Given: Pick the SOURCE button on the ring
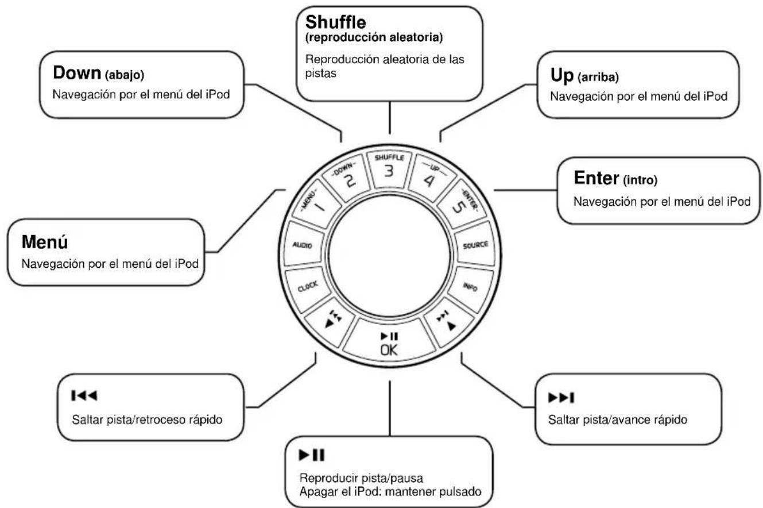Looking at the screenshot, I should coord(475,245).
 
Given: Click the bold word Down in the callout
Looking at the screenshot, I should coord(76,73).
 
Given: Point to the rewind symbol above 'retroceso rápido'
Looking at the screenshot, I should coord(81,396).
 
